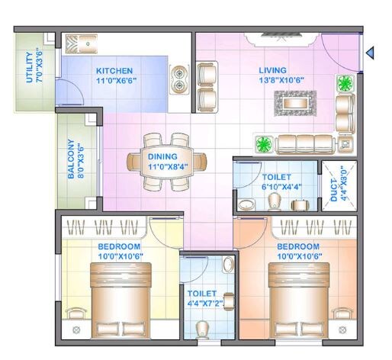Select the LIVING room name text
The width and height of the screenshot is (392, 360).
point(272,70)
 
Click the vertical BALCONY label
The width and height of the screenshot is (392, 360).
point(71,159)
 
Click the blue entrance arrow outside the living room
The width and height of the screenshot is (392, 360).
point(370,53)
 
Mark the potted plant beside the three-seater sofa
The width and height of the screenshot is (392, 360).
point(265,143)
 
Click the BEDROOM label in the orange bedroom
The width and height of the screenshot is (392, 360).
point(297,246)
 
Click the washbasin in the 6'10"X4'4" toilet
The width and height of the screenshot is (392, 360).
point(246,204)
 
